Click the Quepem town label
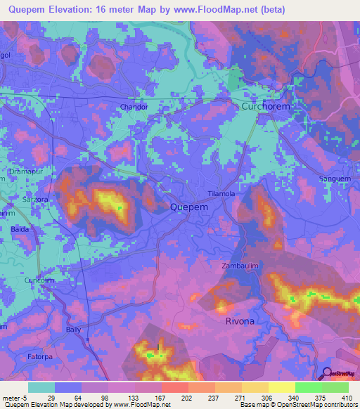188,207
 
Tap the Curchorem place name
266,106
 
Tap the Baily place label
73,329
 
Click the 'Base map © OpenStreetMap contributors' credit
298,405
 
